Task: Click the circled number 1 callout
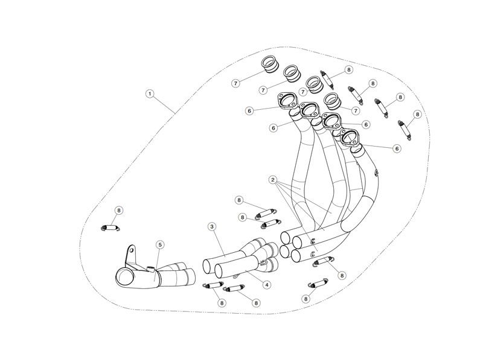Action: coord(150,94)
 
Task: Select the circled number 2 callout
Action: coord(273,180)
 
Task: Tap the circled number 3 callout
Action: coord(212,227)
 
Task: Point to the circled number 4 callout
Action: coord(267,285)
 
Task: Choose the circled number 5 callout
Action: coord(160,245)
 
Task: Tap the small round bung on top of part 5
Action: coord(151,269)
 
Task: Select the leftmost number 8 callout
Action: coord(118,211)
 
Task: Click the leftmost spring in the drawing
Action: coord(110,228)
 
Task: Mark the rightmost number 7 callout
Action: coord(356,110)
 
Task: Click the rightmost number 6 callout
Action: coord(397,148)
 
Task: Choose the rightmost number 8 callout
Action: coord(417,115)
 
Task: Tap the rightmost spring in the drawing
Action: coord(405,130)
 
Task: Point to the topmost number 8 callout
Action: coord(349,70)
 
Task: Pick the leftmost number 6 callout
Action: coord(249,111)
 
